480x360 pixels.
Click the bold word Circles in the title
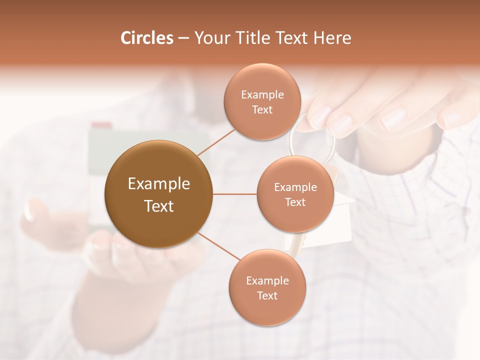tap(146, 38)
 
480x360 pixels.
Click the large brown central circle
tap(158, 194)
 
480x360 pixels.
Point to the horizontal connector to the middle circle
tap(234, 194)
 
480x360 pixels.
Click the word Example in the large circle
tap(158, 184)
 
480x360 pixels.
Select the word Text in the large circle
tap(158, 206)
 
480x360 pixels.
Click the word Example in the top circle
tap(262, 95)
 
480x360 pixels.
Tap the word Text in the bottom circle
tap(267, 296)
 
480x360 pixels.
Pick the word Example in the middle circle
tap(295, 187)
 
